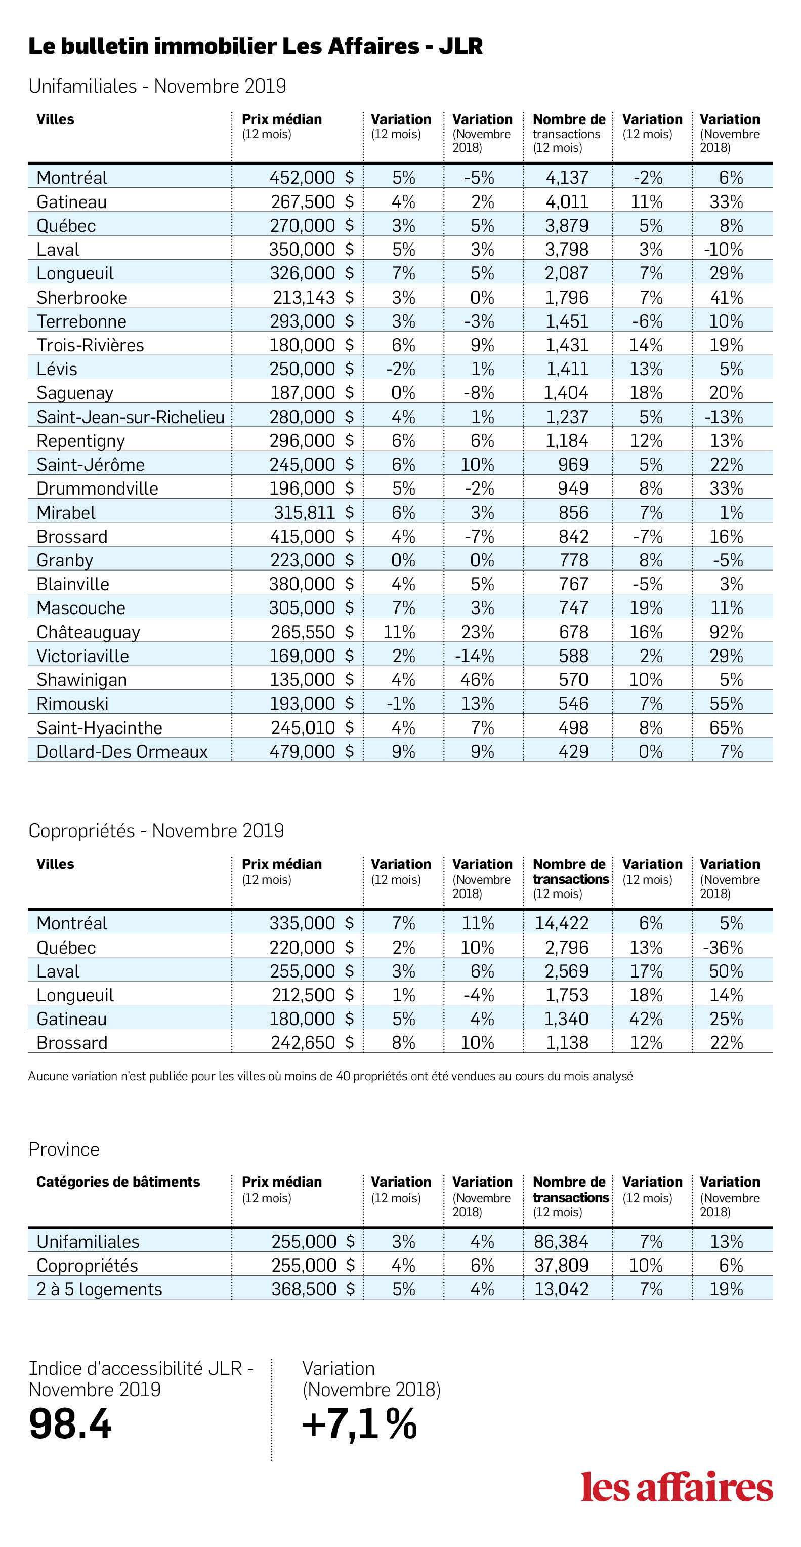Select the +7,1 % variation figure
click(x=359, y=1424)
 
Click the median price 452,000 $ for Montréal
click(x=312, y=177)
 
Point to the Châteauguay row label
click(x=88, y=632)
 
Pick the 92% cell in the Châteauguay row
click(x=727, y=632)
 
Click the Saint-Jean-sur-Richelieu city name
click(x=131, y=417)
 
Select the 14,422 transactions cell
click(x=562, y=923)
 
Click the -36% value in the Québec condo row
click(x=723, y=947)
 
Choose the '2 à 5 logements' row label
click(x=99, y=1289)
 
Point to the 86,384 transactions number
click(x=562, y=1241)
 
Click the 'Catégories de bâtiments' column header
click(x=118, y=1182)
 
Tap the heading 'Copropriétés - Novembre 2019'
click(x=156, y=831)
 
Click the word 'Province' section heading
click(x=64, y=1149)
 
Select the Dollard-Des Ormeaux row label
click(x=122, y=751)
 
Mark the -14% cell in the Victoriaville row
click(x=474, y=655)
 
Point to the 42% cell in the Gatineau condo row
click(x=646, y=1019)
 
